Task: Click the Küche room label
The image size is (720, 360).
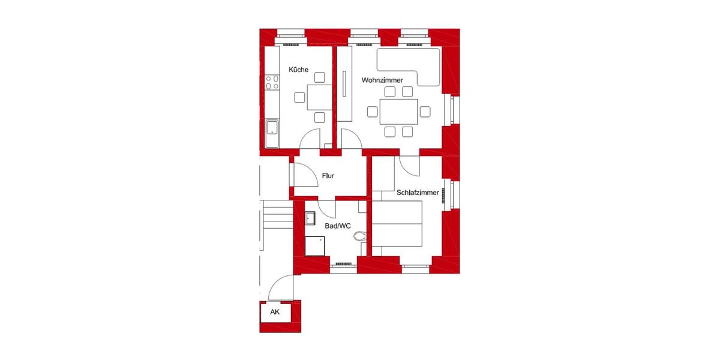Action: coord(299,70)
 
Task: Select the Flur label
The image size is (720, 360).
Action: coord(328,176)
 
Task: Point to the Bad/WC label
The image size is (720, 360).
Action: coord(337,226)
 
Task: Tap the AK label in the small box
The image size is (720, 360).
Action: coord(275,312)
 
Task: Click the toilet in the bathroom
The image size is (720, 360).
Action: coord(359,236)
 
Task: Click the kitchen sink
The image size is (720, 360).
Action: coord(272,128)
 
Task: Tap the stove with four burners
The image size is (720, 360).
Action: coord(272,82)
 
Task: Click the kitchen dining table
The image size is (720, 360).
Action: coord(320,98)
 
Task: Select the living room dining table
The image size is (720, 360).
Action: coord(398,112)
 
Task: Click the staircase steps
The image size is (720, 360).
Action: coord(276,216)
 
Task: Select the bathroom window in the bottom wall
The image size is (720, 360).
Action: coord(343,263)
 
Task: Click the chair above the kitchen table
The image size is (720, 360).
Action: coord(320,77)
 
